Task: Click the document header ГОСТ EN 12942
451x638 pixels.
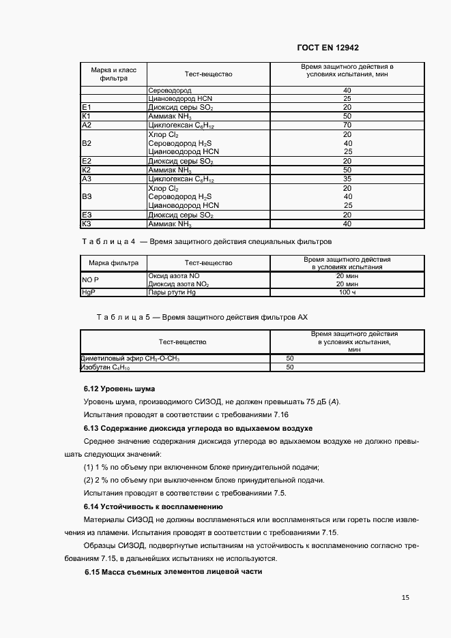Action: [328, 48]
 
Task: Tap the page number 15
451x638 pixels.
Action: [405, 597]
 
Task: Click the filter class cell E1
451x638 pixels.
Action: [87, 108]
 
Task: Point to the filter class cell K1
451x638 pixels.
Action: [87, 117]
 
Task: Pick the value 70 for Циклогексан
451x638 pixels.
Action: [347, 125]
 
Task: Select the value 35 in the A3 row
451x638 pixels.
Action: [347, 179]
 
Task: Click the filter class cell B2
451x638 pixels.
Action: [87, 143]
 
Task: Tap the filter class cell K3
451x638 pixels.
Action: [87, 224]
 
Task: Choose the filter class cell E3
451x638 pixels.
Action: [87, 215]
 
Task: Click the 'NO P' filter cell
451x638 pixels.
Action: [91, 279]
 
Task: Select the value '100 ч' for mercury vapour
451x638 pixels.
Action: [347, 292]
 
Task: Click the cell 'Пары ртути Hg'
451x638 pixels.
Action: [172, 292]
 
